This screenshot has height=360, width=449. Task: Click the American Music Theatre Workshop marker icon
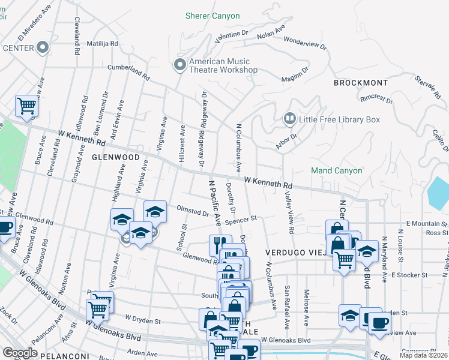click(179, 65)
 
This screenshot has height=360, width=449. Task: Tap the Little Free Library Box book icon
click(290, 119)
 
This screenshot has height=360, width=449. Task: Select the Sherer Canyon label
click(212, 16)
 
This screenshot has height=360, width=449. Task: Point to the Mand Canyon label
click(336, 171)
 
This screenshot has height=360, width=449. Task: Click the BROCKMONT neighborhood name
click(360, 83)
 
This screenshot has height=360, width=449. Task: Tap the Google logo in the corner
click(20, 353)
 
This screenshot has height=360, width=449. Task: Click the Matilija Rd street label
click(103, 44)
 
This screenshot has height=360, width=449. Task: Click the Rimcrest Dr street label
click(377, 97)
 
